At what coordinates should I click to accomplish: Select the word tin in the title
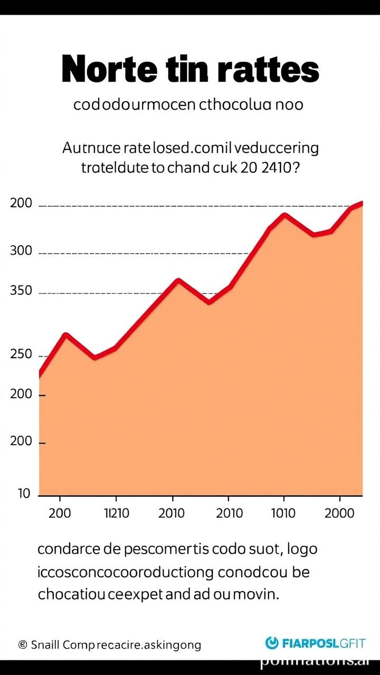point(189,70)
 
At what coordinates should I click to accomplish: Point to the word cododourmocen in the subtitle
point(135,104)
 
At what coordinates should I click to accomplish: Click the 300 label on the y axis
point(21,251)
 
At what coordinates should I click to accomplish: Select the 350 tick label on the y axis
point(21,291)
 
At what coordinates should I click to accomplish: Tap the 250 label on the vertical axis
point(21,354)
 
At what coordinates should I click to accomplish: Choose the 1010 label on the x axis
point(283,513)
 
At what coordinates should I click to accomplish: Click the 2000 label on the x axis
point(339,513)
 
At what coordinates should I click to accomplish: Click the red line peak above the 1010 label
point(284,215)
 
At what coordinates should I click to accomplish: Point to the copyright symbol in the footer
point(23,644)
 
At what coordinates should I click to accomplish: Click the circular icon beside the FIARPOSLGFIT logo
point(272,643)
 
